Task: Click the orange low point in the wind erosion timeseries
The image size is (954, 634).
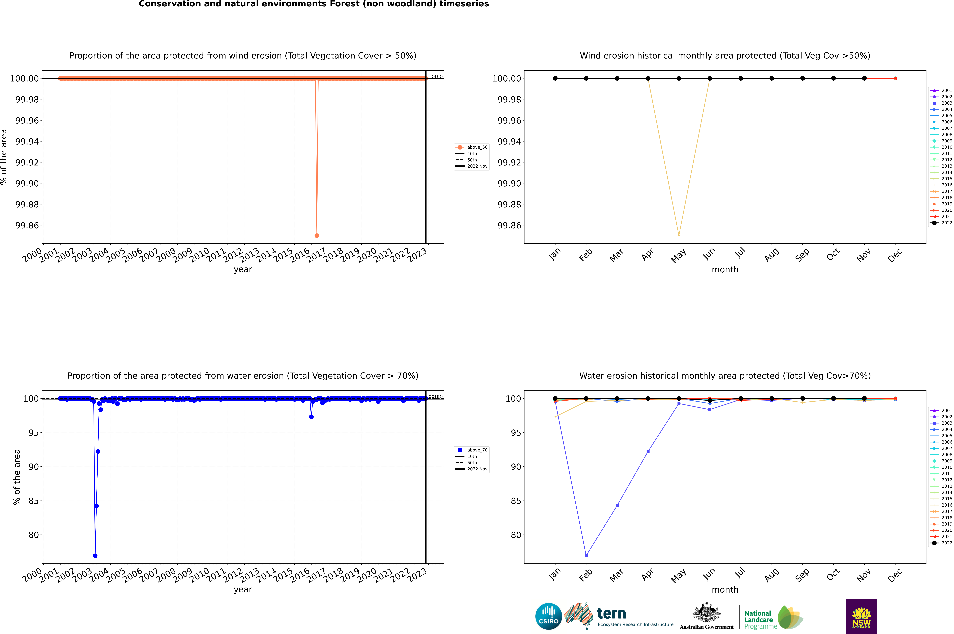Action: pos(317,235)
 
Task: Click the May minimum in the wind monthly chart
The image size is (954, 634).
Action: pos(679,235)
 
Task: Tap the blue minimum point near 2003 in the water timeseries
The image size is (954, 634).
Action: pos(95,556)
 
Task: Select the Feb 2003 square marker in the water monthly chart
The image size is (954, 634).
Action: pos(586,556)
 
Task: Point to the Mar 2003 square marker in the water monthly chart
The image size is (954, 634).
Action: pos(617,505)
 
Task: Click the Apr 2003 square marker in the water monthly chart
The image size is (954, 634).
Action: pos(648,451)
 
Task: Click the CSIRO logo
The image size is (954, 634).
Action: pos(548,616)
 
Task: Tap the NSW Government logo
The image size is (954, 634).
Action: pos(861,616)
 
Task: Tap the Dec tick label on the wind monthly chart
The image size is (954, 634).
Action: pos(895,255)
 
